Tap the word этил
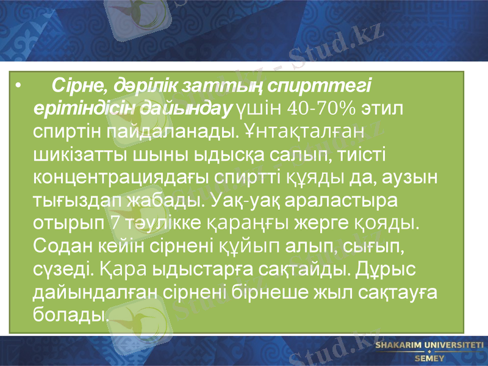[x=383, y=109]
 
